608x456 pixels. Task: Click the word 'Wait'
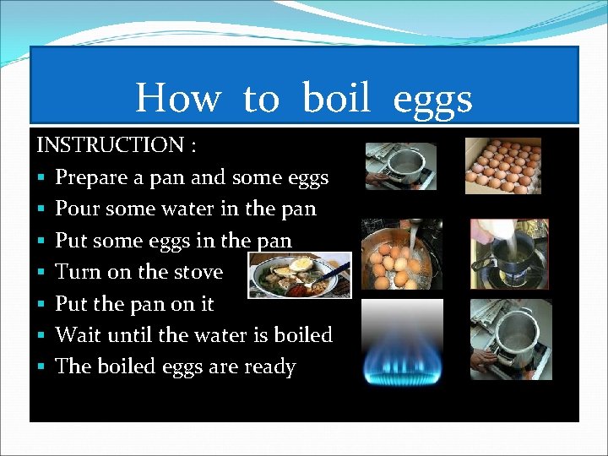tap(76, 335)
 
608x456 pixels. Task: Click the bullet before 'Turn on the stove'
tap(41, 273)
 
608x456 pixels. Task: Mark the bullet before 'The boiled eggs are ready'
tap(41, 368)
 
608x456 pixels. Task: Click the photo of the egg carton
tap(503, 166)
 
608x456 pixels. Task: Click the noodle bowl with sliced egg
tap(301, 275)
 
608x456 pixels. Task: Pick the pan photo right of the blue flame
tap(510, 338)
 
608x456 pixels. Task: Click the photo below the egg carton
tap(508, 253)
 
